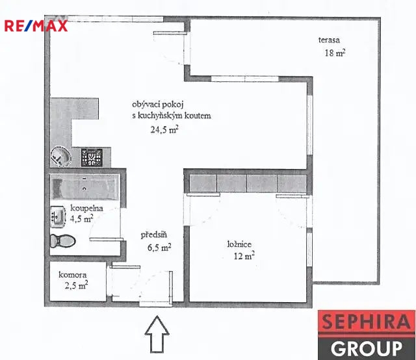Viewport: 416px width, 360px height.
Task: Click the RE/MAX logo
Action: (x=36, y=26)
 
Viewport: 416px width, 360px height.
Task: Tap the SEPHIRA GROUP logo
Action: (x=367, y=335)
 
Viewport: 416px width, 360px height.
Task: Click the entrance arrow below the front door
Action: (x=157, y=334)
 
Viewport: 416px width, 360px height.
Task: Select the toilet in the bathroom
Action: (x=63, y=241)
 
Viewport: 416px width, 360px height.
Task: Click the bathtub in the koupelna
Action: (x=85, y=187)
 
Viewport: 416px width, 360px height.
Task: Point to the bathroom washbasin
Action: (x=58, y=217)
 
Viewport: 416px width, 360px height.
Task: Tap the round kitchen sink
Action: (x=61, y=157)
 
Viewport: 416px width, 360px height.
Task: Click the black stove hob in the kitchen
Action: (x=92, y=158)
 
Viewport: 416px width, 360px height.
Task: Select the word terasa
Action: (x=329, y=40)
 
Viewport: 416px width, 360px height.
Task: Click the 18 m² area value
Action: (x=335, y=53)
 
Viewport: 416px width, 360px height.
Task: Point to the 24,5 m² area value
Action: (x=164, y=129)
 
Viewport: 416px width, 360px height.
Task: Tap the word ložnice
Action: (x=239, y=244)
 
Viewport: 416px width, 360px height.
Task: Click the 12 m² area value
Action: (x=244, y=256)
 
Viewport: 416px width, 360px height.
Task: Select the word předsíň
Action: (x=154, y=235)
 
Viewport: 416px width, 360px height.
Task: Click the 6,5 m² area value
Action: (x=159, y=248)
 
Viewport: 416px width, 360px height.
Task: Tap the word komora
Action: (x=72, y=275)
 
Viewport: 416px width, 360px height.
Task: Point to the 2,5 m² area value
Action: (x=77, y=285)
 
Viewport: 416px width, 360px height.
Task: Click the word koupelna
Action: (x=86, y=208)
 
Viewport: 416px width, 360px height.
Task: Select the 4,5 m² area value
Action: (x=81, y=219)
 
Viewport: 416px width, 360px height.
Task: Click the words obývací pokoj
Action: (x=158, y=105)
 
